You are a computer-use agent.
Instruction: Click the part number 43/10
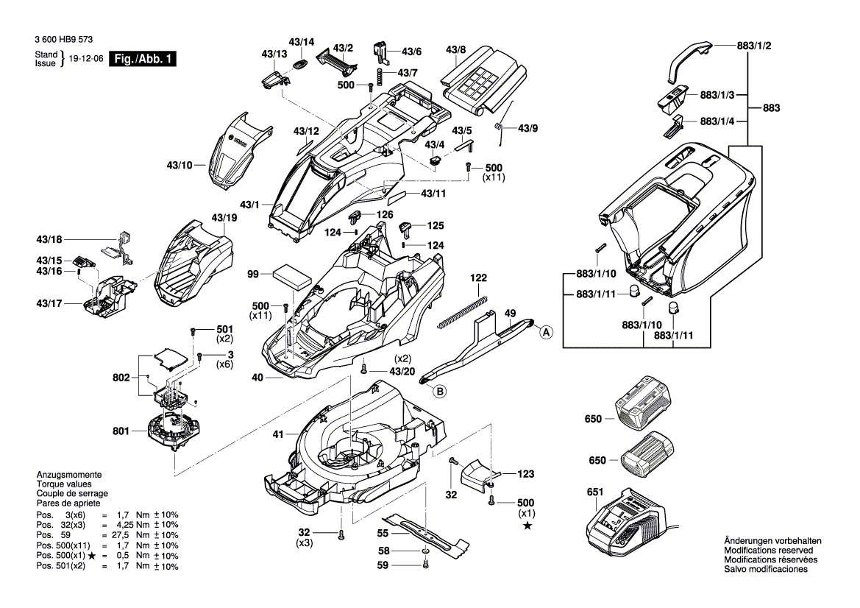coord(178,165)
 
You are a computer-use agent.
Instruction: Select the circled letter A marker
coord(546,333)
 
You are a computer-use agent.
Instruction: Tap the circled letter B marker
coord(439,392)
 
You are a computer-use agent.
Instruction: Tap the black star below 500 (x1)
coord(527,526)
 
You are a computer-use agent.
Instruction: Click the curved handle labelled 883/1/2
coord(688,60)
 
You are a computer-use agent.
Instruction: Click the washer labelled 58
coord(427,552)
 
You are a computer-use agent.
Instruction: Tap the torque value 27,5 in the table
coord(110,535)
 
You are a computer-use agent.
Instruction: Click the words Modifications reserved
coord(768,551)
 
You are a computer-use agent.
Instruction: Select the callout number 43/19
coord(224,219)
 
